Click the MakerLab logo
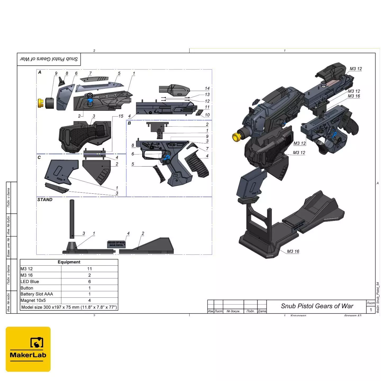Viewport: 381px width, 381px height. pyautogui.click(x=28, y=349)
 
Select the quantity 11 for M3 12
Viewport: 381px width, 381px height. pyautogui.click(x=89, y=269)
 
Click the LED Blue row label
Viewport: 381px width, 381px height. pyautogui.click(x=30, y=282)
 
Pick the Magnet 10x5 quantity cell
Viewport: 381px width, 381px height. pyautogui.click(x=89, y=300)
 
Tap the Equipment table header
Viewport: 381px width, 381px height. pyautogui.click(x=69, y=262)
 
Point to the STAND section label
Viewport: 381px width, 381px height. pyautogui.click(x=45, y=199)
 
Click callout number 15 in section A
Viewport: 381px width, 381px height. pyautogui.click(x=121, y=116)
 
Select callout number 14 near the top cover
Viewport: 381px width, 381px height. pyautogui.click(x=207, y=88)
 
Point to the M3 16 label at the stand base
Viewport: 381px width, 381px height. pyautogui.click(x=293, y=251)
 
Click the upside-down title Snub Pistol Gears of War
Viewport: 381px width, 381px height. pyautogui.click(x=49, y=59)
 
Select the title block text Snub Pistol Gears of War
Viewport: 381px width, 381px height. pyautogui.click(x=317, y=306)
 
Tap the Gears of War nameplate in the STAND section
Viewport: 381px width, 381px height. pyautogui.click(x=116, y=244)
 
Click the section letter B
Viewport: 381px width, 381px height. pyautogui.click(x=129, y=123)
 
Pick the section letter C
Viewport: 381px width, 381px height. pyautogui.click(x=39, y=157)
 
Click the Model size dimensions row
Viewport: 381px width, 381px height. pyautogui.click(x=69, y=307)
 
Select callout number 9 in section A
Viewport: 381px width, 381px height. pyautogui.click(x=56, y=73)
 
